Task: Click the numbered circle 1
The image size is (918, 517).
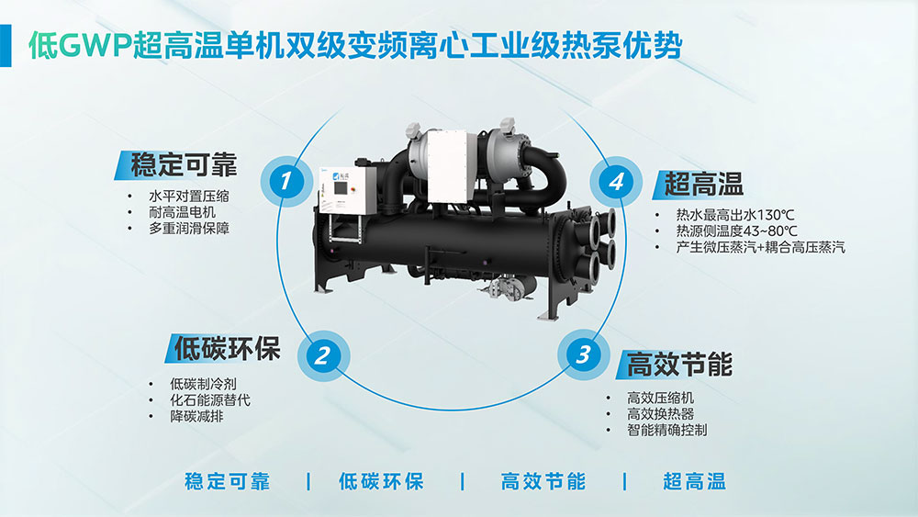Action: tap(286, 180)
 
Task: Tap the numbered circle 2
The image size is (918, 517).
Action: tap(323, 355)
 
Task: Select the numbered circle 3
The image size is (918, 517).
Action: tap(583, 354)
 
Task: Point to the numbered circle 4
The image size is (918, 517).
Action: tap(616, 181)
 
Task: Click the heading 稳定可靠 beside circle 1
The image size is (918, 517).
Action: tap(184, 164)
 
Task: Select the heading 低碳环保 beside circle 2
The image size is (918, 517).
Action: tap(227, 348)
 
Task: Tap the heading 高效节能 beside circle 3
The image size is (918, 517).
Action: tap(679, 365)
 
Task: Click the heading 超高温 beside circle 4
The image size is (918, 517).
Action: tap(703, 185)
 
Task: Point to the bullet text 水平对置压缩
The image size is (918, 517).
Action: tap(188, 196)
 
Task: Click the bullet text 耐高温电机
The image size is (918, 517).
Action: tap(182, 212)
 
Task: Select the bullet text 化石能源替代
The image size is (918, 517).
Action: tap(210, 399)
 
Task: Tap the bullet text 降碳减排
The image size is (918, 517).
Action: tap(196, 416)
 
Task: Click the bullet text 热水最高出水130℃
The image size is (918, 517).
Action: tap(735, 215)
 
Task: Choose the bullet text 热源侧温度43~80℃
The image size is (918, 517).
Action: tap(736, 230)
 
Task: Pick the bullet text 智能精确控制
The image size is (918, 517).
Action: tap(666, 430)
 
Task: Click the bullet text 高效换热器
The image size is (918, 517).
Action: tap(660, 414)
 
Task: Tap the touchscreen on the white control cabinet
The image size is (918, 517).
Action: tap(340, 189)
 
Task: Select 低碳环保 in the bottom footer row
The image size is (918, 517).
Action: tap(381, 481)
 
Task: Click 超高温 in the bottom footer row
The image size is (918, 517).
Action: tap(694, 481)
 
